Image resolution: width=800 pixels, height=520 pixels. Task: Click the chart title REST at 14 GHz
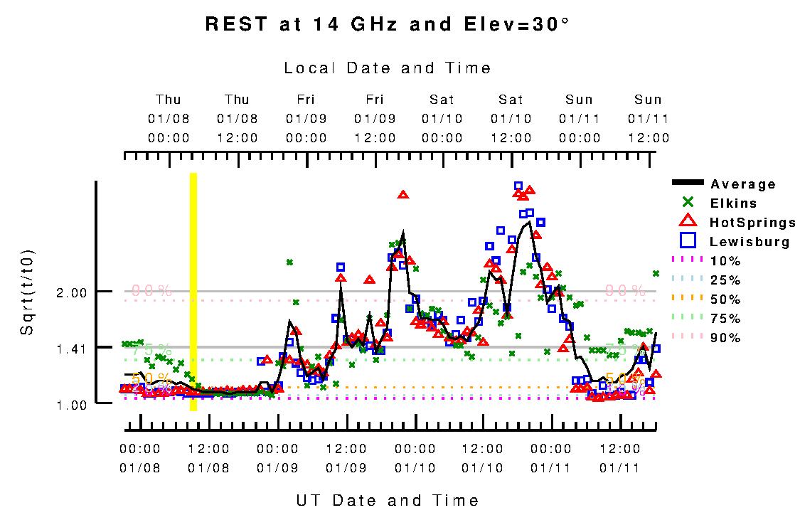click(x=387, y=24)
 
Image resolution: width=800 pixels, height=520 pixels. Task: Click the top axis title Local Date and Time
click(x=388, y=68)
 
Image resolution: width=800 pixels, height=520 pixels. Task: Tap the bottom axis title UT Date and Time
click(x=388, y=500)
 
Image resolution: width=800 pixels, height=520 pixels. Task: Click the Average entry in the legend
click(x=743, y=184)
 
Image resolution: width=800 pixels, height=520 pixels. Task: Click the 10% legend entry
click(x=725, y=261)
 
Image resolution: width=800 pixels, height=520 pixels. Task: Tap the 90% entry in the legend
click(x=725, y=338)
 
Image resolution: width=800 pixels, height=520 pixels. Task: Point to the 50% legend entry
click(x=725, y=299)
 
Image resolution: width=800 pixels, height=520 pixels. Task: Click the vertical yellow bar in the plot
click(x=193, y=292)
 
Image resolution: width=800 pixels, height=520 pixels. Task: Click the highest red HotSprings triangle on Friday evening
click(x=403, y=194)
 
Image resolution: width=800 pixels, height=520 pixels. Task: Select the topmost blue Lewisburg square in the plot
click(x=518, y=186)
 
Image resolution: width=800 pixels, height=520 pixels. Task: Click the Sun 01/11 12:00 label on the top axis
click(x=648, y=118)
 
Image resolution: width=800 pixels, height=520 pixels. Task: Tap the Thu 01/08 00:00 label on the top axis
click(x=169, y=118)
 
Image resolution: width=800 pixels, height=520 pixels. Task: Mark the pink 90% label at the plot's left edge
click(x=151, y=290)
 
